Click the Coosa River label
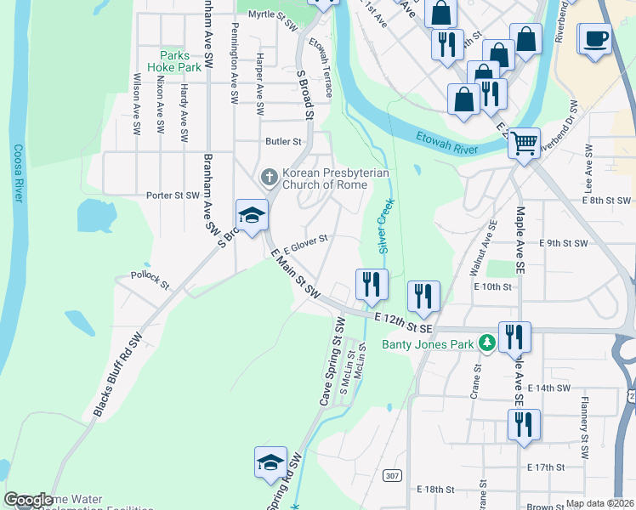pos(19,173)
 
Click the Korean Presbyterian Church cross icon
pos(269,178)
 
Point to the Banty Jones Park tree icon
pos(486,343)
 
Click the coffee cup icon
pos(596,38)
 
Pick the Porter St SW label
pos(173,195)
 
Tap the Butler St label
pos(284,141)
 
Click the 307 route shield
pos(391,475)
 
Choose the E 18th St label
pos(437,490)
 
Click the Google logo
pos(29,501)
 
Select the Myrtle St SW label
pos(271,14)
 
